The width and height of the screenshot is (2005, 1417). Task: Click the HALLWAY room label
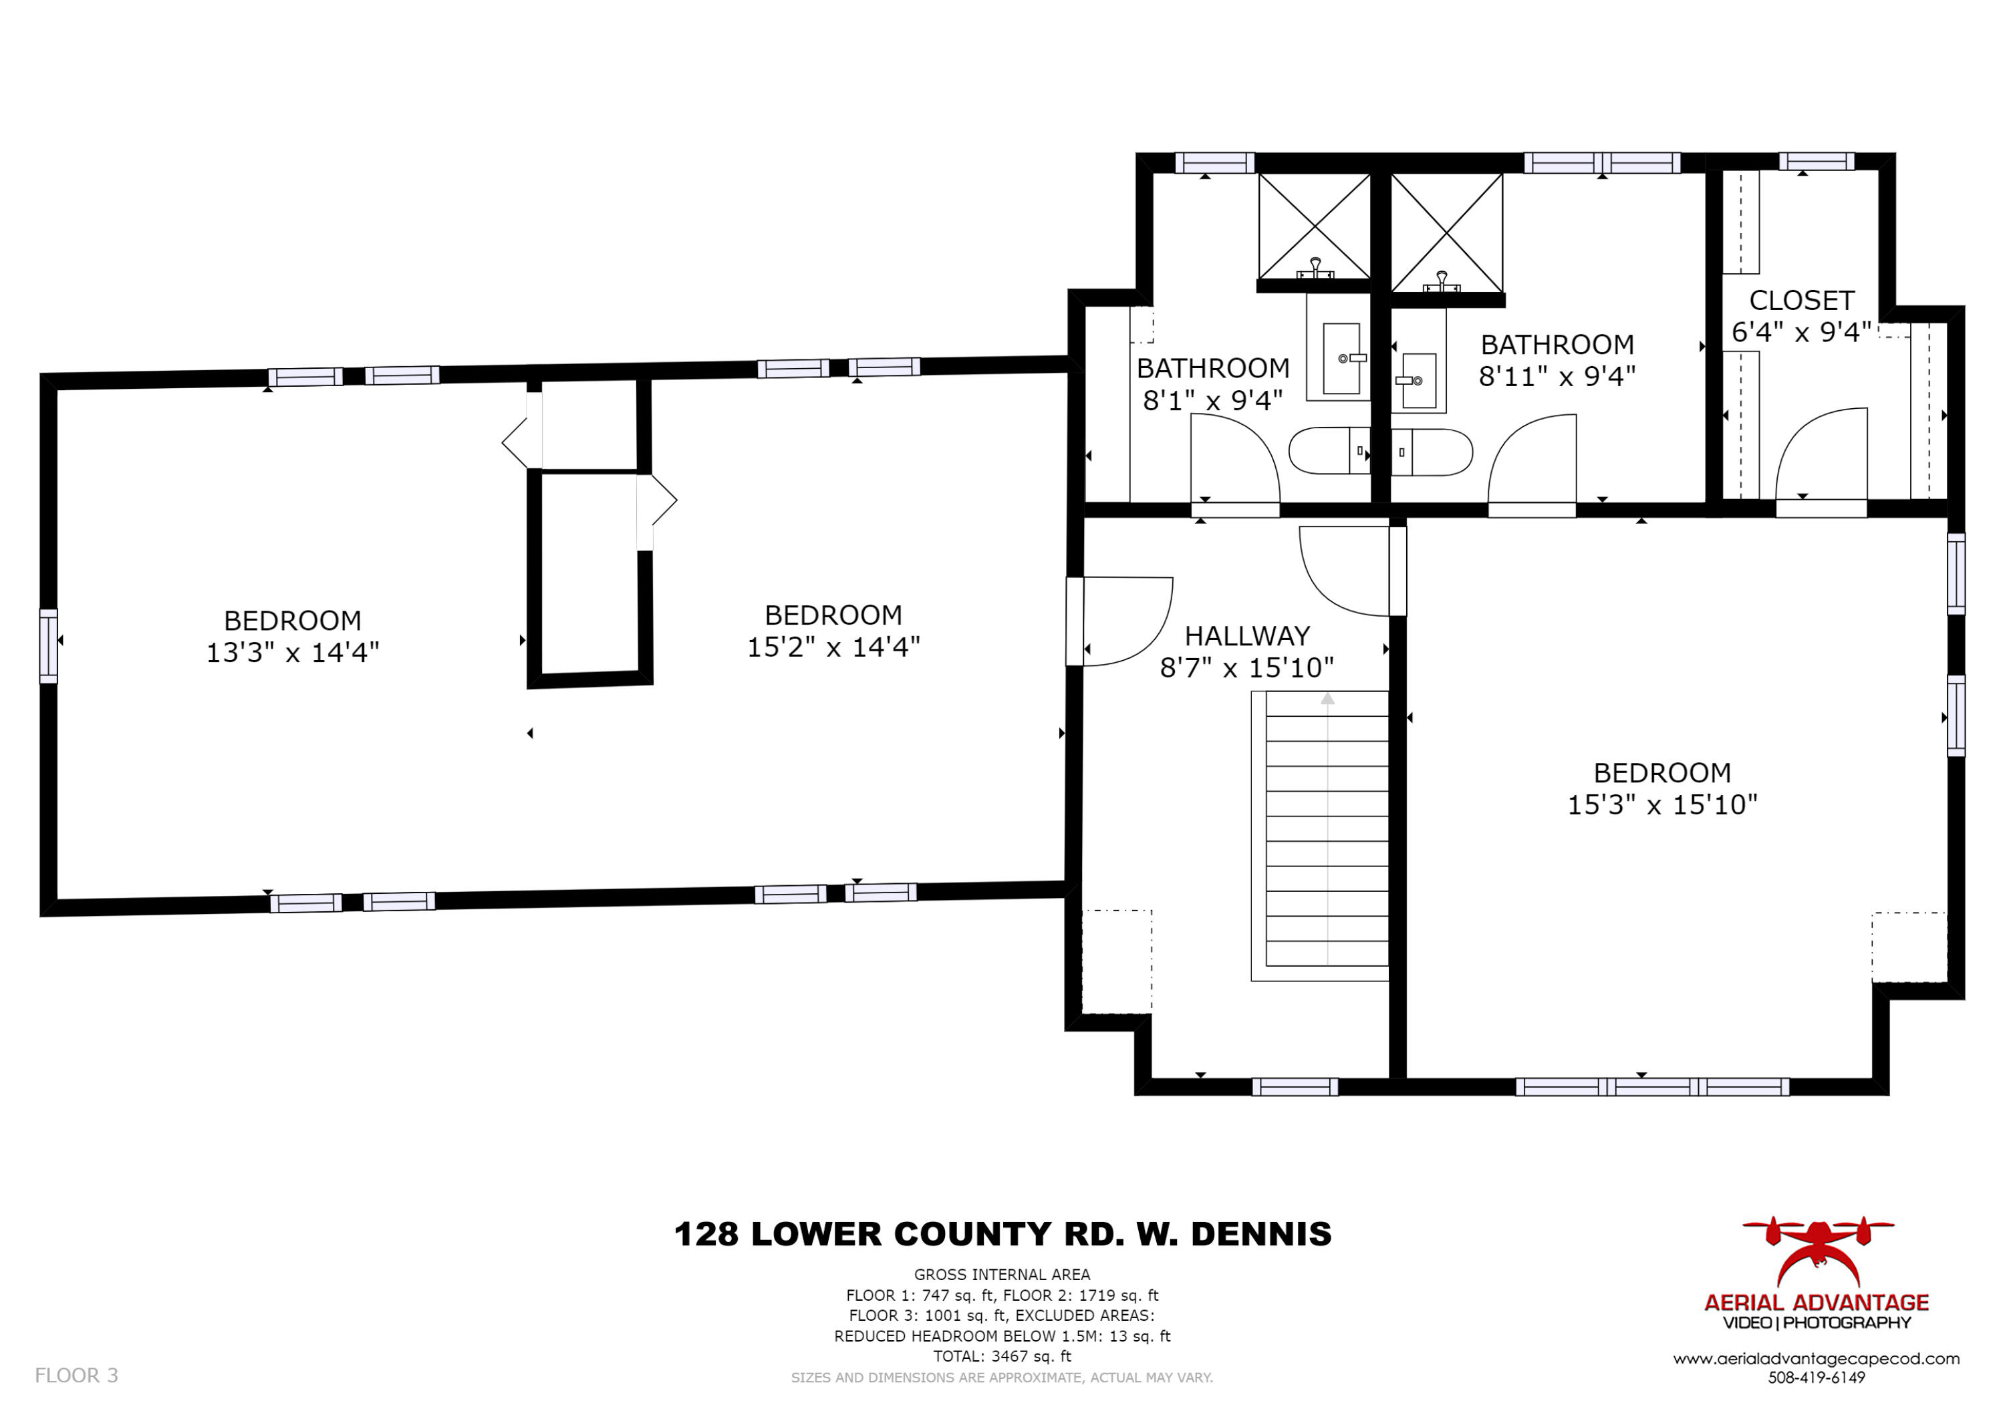[x=1247, y=635]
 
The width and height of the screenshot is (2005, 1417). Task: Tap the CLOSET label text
[x=1802, y=301]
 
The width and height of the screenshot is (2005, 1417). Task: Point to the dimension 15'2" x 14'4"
[x=834, y=647]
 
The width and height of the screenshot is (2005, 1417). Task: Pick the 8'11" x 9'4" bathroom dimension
[x=1557, y=376]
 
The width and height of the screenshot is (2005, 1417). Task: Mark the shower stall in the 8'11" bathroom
[x=1447, y=233]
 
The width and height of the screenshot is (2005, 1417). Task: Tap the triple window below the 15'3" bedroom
[x=1652, y=1087]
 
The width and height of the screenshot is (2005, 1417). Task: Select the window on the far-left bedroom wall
[x=49, y=646]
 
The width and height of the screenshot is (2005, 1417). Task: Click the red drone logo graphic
[x=1817, y=1253]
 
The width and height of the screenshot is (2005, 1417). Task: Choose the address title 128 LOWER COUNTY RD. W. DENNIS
[x=1002, y=1235]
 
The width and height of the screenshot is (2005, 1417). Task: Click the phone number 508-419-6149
[x=1817, y=1378]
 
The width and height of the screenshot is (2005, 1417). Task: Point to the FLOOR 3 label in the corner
[x=77, y=1376]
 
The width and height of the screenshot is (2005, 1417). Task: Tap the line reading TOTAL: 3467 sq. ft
[x=1002, y=1357]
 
